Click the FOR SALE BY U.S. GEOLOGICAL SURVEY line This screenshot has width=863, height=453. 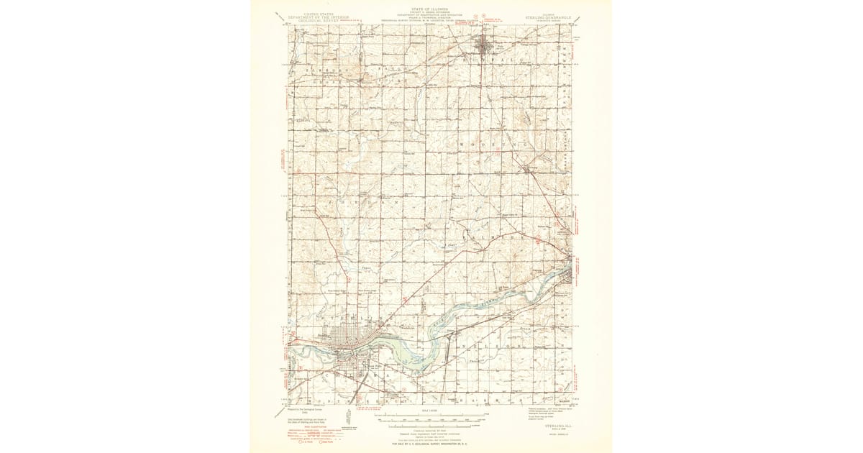[431, 444]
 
